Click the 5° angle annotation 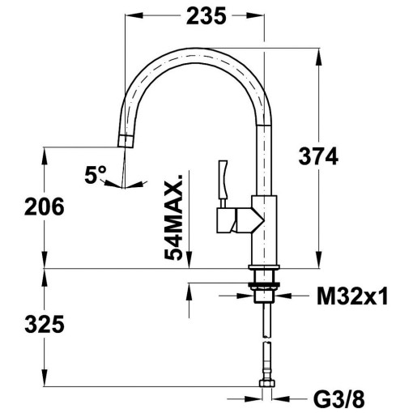click(x=96, y=172)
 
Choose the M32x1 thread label click(x=351, y=296)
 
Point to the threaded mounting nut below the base click(x=265, y=283)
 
